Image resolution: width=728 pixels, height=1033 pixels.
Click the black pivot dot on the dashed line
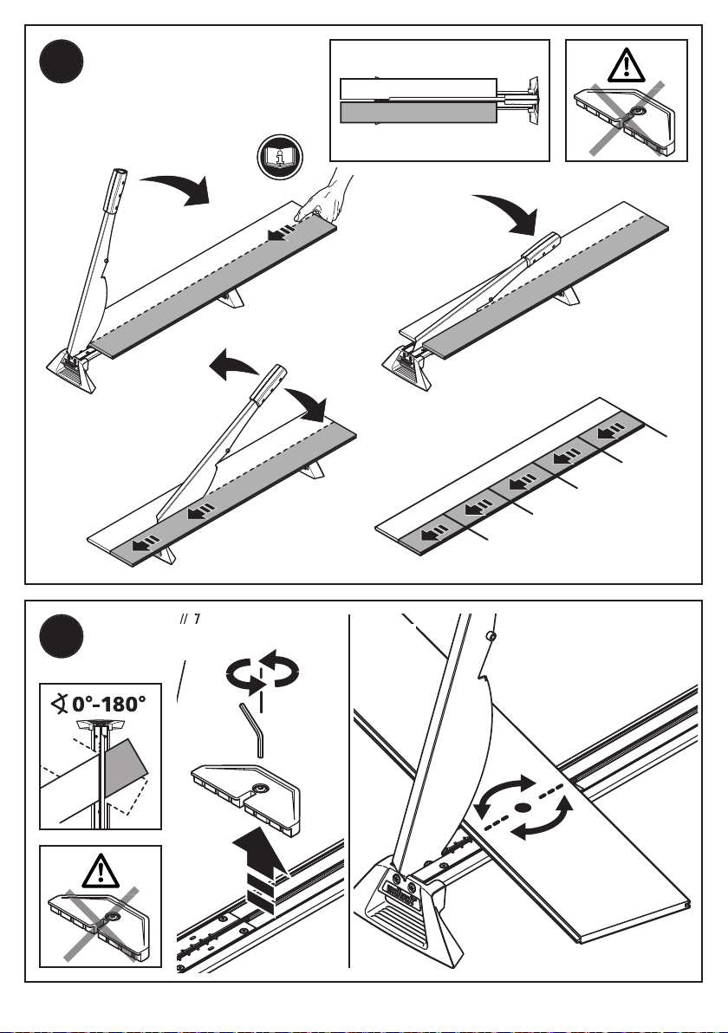tap(523, 809)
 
